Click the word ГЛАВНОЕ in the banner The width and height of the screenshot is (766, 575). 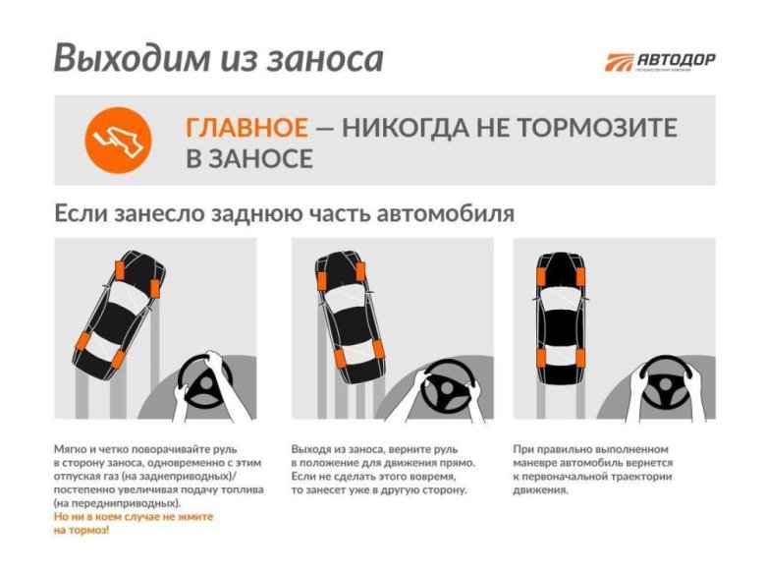pos(246,128)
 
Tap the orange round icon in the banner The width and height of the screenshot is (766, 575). pos(118,139)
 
